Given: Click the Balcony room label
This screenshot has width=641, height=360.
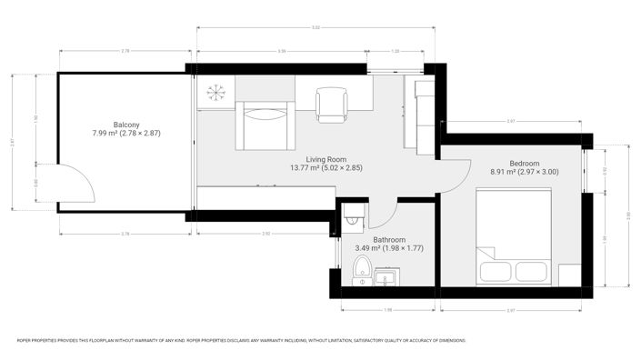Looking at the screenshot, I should click(126, 124).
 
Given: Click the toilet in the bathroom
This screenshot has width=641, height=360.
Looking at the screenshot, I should click(362, 270).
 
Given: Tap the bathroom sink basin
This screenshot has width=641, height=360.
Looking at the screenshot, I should click(386, 275).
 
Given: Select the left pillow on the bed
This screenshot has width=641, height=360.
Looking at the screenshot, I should click(497, 272).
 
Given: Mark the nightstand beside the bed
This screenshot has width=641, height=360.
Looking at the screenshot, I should click(569, 275).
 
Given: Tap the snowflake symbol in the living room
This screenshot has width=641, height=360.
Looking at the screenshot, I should click(216, 92).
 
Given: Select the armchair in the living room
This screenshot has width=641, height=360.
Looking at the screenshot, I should click(265, 125).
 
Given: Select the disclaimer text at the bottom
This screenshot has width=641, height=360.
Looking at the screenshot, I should click(241, 341).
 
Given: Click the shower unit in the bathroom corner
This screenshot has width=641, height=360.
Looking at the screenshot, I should click(353, 215).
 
